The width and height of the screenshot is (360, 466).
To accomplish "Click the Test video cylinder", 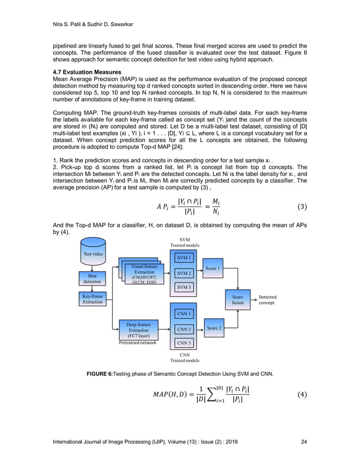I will [x=93, y=254].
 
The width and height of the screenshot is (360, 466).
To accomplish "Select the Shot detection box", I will [x=93, y=278].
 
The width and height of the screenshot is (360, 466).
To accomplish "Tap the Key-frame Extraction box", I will [x=93, y=298].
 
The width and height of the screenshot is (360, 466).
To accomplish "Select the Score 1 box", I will [x=213, y=269].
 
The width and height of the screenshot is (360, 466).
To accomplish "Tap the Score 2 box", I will [x=213, y=328].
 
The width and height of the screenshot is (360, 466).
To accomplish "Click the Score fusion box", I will [x=238, y=299].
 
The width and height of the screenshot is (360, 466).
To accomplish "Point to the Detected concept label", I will [x=267, y=299].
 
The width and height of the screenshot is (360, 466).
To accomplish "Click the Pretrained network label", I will [x=138, y=342].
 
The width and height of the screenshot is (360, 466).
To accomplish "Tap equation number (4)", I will [x=300, y=394].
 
